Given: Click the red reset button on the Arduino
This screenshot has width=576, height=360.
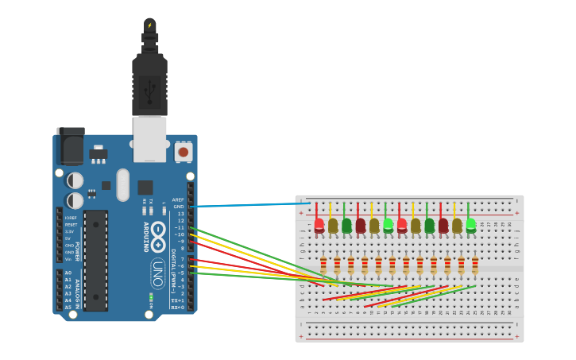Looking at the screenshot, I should tap(184, 151).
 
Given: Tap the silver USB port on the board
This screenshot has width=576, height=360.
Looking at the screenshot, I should tap(149, 138).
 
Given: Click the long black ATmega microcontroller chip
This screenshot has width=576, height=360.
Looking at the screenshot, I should tap(95, 260).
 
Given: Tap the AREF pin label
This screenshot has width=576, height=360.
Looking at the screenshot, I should tap(178, 199).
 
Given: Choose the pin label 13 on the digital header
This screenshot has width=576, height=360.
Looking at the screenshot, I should tap(180, 214).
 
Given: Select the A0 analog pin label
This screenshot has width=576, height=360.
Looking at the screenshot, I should tap(68, 273).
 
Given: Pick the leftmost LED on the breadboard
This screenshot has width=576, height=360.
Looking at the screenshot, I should tap(319, 226).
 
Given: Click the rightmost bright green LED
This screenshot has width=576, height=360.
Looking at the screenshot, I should tap(471, 225).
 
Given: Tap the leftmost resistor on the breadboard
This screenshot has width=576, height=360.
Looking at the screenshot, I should tap(323, 265).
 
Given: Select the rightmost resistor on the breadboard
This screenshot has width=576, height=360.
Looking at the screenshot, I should tap(475, 265).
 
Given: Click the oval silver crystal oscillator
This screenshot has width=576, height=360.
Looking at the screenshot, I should tap(122, 184).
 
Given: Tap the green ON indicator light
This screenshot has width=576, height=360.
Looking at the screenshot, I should tap(151, 298).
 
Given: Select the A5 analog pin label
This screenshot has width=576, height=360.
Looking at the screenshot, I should tap(68, 307).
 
